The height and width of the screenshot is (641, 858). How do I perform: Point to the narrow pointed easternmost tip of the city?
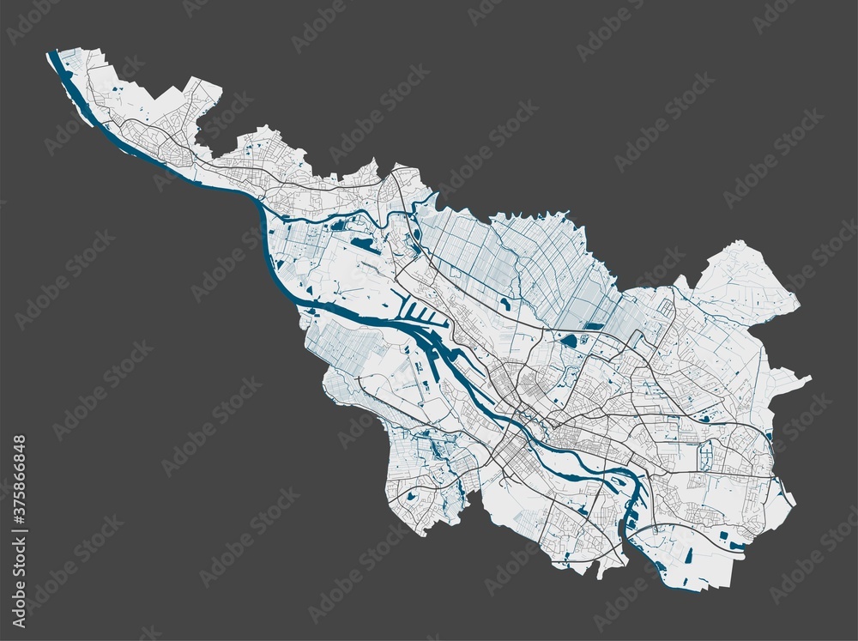click(809, 376)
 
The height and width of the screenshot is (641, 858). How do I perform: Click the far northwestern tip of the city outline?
click(50, 53)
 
